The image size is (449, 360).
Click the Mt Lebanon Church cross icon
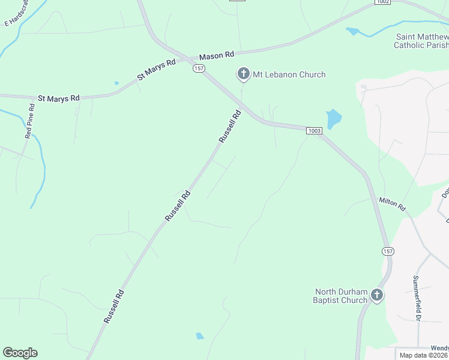(243, 74)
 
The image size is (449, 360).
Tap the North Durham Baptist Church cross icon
(376, 295)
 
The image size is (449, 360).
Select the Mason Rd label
(216, 55)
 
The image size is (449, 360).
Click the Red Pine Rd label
(29, 121)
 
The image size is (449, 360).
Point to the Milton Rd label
(392, 204)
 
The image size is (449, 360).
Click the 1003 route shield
(313, 130)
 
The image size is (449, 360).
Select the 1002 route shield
(383, 2)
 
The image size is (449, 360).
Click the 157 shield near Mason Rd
(199, 68)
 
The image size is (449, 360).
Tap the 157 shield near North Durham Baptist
(387, 250)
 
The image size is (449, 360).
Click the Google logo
(20, 353)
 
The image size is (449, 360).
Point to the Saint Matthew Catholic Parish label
(421, 40)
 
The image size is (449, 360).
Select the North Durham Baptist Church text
(341, 296)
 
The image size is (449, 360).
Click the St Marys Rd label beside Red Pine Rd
(58, 97)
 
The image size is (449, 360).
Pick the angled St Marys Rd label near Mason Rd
(156, 69)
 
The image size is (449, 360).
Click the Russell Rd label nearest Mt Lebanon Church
(230, 126)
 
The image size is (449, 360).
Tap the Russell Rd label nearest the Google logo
(113, 307)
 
